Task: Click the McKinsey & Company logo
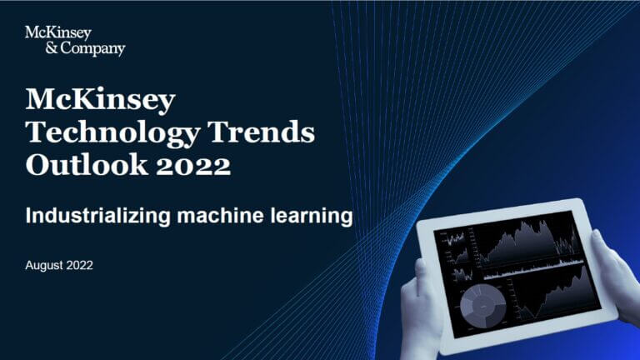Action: (x=75, y=40)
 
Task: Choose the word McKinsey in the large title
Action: (x=101, y=101)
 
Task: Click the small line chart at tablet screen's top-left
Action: (x=456, y=242)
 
